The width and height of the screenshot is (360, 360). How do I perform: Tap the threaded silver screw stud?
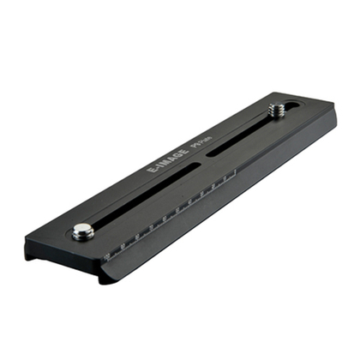tap(275, 110)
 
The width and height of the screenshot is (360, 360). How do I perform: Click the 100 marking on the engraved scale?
tap(107, 255)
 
